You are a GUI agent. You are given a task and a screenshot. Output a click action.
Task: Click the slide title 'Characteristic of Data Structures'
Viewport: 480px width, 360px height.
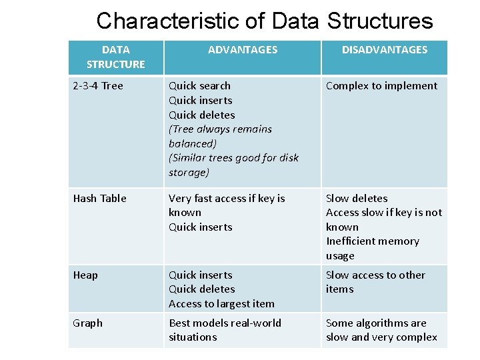tap(265, 21)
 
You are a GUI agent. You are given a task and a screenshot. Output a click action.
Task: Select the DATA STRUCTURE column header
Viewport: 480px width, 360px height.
tap(115, 57)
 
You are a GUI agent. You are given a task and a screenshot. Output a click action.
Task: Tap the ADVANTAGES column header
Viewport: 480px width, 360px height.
tap(243, 49)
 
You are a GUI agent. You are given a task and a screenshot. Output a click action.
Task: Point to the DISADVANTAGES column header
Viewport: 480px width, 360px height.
tap(385, 49)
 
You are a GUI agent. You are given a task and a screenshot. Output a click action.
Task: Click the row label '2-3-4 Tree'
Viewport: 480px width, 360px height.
tap(98, 85)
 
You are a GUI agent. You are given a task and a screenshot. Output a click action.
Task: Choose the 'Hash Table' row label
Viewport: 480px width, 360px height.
tap(99, 198)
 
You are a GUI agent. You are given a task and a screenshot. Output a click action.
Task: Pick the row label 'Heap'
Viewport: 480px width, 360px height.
tap(85, 275)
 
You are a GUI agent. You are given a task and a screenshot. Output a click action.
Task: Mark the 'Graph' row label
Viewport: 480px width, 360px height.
tap(88, 323)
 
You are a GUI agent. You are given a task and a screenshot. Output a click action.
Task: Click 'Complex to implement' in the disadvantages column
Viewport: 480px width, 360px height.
tap(381, 85)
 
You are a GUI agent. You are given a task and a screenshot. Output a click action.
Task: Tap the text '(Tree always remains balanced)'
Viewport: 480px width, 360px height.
tap(220, 136)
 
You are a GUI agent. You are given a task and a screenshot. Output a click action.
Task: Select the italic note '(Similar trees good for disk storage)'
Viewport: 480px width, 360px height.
tap(233, 165)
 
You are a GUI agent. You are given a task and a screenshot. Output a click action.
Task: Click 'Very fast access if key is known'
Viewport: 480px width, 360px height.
tap(227, 205)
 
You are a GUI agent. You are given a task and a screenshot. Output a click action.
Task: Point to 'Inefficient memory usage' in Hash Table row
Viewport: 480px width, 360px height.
tap(372, 248)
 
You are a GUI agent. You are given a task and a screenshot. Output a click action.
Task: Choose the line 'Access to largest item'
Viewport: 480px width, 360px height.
tap(221, 303)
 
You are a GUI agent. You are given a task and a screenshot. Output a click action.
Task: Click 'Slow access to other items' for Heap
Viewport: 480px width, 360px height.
tap(375, 281)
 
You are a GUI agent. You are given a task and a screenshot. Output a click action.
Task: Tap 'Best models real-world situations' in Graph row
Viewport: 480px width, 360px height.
tap(225, 329)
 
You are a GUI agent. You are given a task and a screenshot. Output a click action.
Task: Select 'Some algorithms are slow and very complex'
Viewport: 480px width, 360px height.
tap(381, 329)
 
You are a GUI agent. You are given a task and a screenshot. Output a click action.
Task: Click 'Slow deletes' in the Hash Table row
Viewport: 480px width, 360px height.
tap(357, 198)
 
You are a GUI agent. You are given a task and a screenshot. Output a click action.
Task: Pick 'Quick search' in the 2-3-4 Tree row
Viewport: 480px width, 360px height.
tap(199, 85)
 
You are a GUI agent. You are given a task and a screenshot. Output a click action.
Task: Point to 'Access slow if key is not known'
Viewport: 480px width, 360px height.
tap(383, 219)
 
